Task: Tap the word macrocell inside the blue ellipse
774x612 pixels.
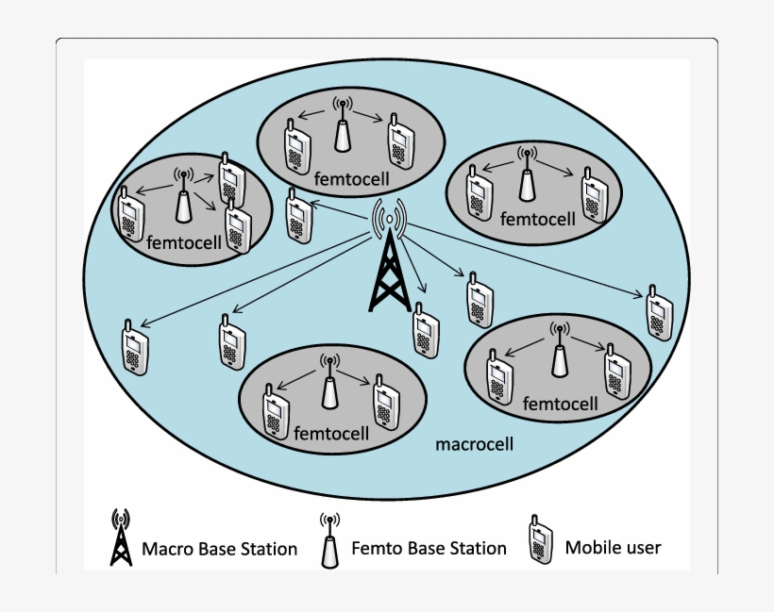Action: (x=475, y=443)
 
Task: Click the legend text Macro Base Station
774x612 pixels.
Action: (x=219, y=549)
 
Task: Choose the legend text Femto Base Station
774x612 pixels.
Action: (x=429, y=548)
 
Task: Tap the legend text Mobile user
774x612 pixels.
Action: (x=613, y=547)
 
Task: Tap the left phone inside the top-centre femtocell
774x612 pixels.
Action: (x=298, y=145)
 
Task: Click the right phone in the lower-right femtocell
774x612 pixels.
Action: (x=616, y=370)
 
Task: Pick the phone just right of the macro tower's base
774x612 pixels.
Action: (x=426, y=329)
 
